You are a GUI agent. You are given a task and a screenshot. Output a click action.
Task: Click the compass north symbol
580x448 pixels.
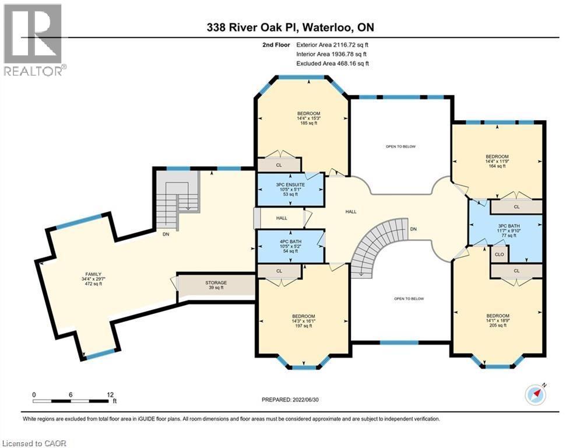point(536,394)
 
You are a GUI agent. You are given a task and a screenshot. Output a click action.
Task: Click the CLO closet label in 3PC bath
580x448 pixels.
point(500,254)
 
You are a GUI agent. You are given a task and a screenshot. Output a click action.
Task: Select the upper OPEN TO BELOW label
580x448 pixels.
point(400,146)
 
